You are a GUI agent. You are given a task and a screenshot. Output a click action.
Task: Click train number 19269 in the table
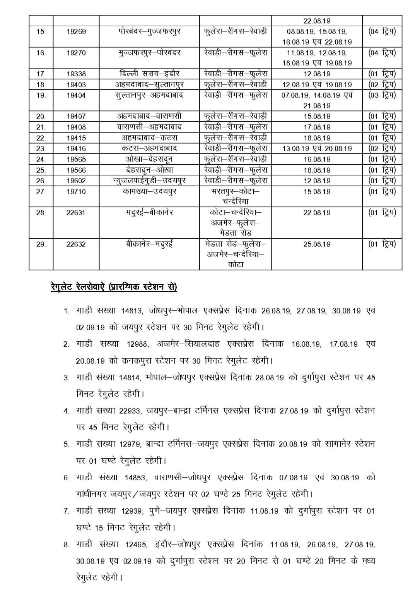(76, 32)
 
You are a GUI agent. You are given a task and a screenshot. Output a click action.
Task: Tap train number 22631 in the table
(76, 213)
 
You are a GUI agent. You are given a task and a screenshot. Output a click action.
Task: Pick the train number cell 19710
(76, 192)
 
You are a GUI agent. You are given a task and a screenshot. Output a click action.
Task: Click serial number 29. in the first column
(41, 244)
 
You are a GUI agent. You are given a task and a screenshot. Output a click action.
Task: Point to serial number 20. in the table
(41, 116)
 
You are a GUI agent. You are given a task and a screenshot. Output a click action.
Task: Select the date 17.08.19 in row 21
(317, 127)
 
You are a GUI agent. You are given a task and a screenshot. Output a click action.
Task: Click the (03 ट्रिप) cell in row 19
(382, 95)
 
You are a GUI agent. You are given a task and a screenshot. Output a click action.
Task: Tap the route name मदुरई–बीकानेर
(149, 213)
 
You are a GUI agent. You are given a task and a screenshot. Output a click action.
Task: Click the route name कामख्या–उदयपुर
(149, 192)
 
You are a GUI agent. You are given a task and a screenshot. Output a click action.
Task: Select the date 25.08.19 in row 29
(317, 244)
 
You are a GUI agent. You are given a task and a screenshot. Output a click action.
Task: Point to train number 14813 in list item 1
(134, 311)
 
